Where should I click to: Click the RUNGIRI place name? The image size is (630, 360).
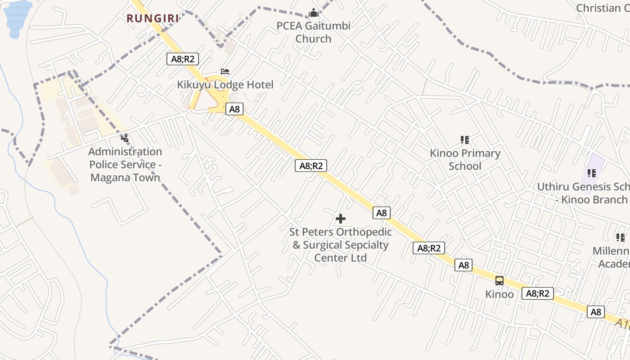coord(153,18)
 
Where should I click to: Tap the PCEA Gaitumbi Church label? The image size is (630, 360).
coord(313,32)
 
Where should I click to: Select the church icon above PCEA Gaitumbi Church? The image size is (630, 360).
coord(314,13)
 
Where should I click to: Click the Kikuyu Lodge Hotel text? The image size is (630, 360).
coord(225,85)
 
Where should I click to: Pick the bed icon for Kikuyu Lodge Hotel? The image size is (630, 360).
coord(225,72)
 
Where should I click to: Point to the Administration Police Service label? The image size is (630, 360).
coord(125,165)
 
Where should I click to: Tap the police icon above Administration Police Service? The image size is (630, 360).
coord(125,138)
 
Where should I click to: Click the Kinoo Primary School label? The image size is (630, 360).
coord(465,159)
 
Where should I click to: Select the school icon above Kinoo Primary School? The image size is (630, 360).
coord(465,140)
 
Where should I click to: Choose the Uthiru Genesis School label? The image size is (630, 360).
coord(585,193)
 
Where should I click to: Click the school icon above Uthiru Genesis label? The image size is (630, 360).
coord(592,173)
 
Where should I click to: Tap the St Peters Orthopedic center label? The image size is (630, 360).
coord(341,245)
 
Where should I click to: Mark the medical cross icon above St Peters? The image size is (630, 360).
coord(341,219)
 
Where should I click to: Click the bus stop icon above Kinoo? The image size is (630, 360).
coord(499,281)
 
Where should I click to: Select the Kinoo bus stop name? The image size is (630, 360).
coord(499,294)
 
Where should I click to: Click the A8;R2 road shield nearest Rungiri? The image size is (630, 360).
coord(183,59)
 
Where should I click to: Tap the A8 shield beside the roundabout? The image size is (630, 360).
coord(234,109)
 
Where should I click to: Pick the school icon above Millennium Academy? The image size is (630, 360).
coord(620,237)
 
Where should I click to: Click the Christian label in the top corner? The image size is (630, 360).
coord(603,8)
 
